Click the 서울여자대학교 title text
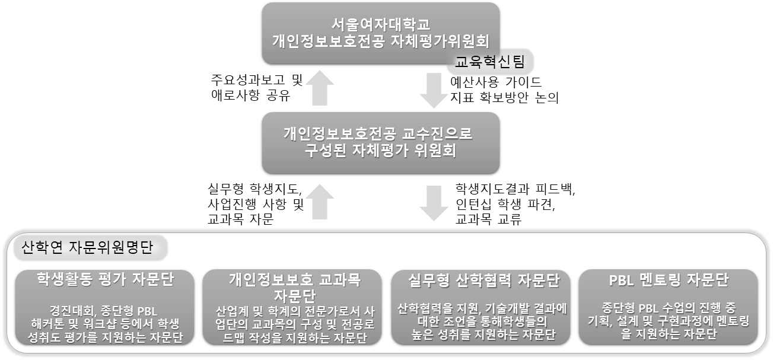pyautogui.click(x=381, y=24)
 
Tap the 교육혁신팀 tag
pyautogui.click(x=489, y=62)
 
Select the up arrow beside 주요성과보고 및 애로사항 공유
pyautogui.click(x=320, y=88)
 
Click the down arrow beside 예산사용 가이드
pyautogui.click(x=434, y=90)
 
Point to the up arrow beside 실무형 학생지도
pyautogui.click(x=320, y=202)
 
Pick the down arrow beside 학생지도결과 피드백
pyautogui.click(x=434, y=203)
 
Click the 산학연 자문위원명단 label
pyautogui.click(x=87, y=247)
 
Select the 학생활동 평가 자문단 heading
pyautogui.click(x=105, y=279)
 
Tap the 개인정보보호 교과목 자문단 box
pyautogui.click(x=292, y=307)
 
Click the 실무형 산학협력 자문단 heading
pyautogui.click(x=483, y=281)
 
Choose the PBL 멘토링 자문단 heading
pyautogui.click(x=669, y=280)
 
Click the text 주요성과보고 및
pyautogui.click(x=257, y=80)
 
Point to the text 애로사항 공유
pyautogui.click(x=251, y=95)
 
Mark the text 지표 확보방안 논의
pyautogui.click(x=504, y=98)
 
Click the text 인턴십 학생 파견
pyautogui.click(x=505, y=205)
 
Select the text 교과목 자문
pyautogui.click(x=240, y=219)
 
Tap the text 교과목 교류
pyautogui.click(x=488, y=219)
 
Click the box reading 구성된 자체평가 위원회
pyautogui.click(x=381, y=143)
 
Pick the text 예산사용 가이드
pyautogui.click(x=496, y=82)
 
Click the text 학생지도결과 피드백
pyautogui.click(x=515, y=189)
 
